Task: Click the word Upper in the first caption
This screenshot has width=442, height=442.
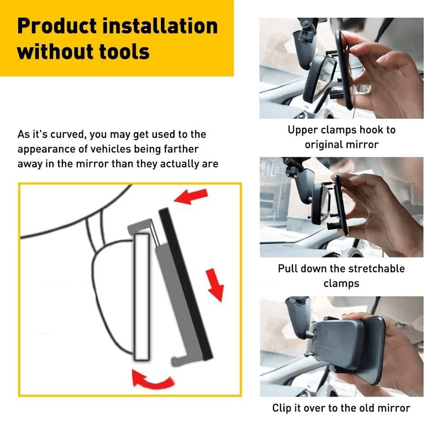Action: pyautogui.click(x=301, y=130)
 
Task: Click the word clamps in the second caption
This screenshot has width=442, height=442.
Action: pyautogui.click(x=340, y=283)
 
